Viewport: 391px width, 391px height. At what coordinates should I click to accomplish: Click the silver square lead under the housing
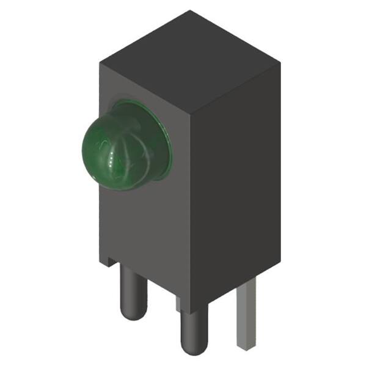click(245, 312)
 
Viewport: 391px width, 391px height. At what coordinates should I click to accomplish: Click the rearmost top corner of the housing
click(190, 11)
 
